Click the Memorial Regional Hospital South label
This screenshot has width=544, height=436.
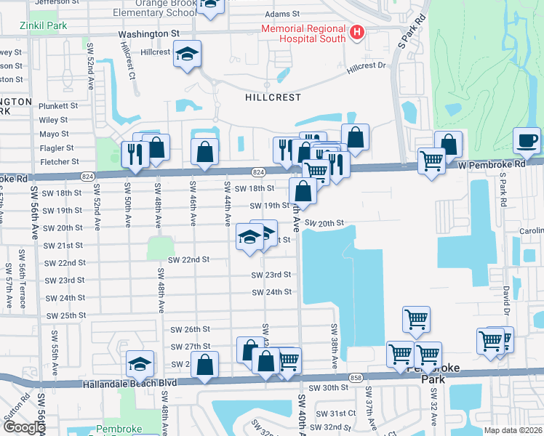click(x=303, y=33)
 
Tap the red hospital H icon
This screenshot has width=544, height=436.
click(x=356, y=32)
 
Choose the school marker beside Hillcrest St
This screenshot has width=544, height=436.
click(x=187, y=53)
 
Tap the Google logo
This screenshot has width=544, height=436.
click(x=23, y=427)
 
